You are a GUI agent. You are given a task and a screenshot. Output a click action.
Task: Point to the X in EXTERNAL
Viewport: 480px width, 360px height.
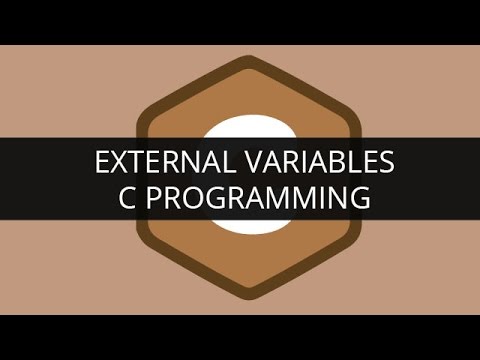pyautogui.click(x=114, y=163)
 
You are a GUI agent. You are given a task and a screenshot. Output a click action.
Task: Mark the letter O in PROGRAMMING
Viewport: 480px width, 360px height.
pyautogui.click(x=191, y=198)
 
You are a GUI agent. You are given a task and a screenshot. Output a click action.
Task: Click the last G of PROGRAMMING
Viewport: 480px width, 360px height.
pyautogui.click(x=357, y=198)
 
